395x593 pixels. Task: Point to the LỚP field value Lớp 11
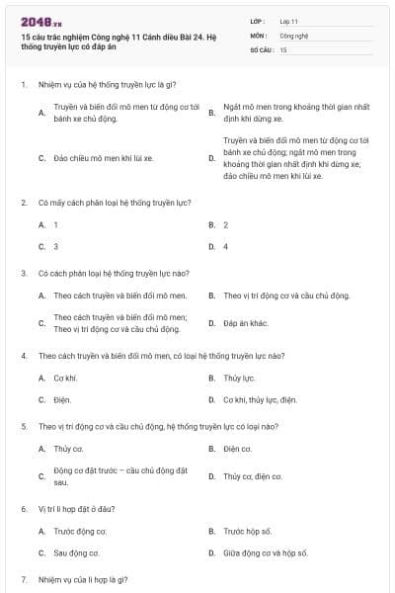pos(289,21)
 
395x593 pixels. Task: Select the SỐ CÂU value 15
pos(283,48)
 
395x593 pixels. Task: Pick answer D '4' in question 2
pos(226,246)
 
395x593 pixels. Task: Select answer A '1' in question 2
pos(55,224)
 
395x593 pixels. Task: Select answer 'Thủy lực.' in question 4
pos(238,378)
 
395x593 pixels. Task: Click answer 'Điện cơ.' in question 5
pos(237,449)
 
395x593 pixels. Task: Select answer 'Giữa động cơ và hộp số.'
pos(265,552)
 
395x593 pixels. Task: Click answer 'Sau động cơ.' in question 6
pos(76,552)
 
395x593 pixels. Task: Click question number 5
pos(24,426)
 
